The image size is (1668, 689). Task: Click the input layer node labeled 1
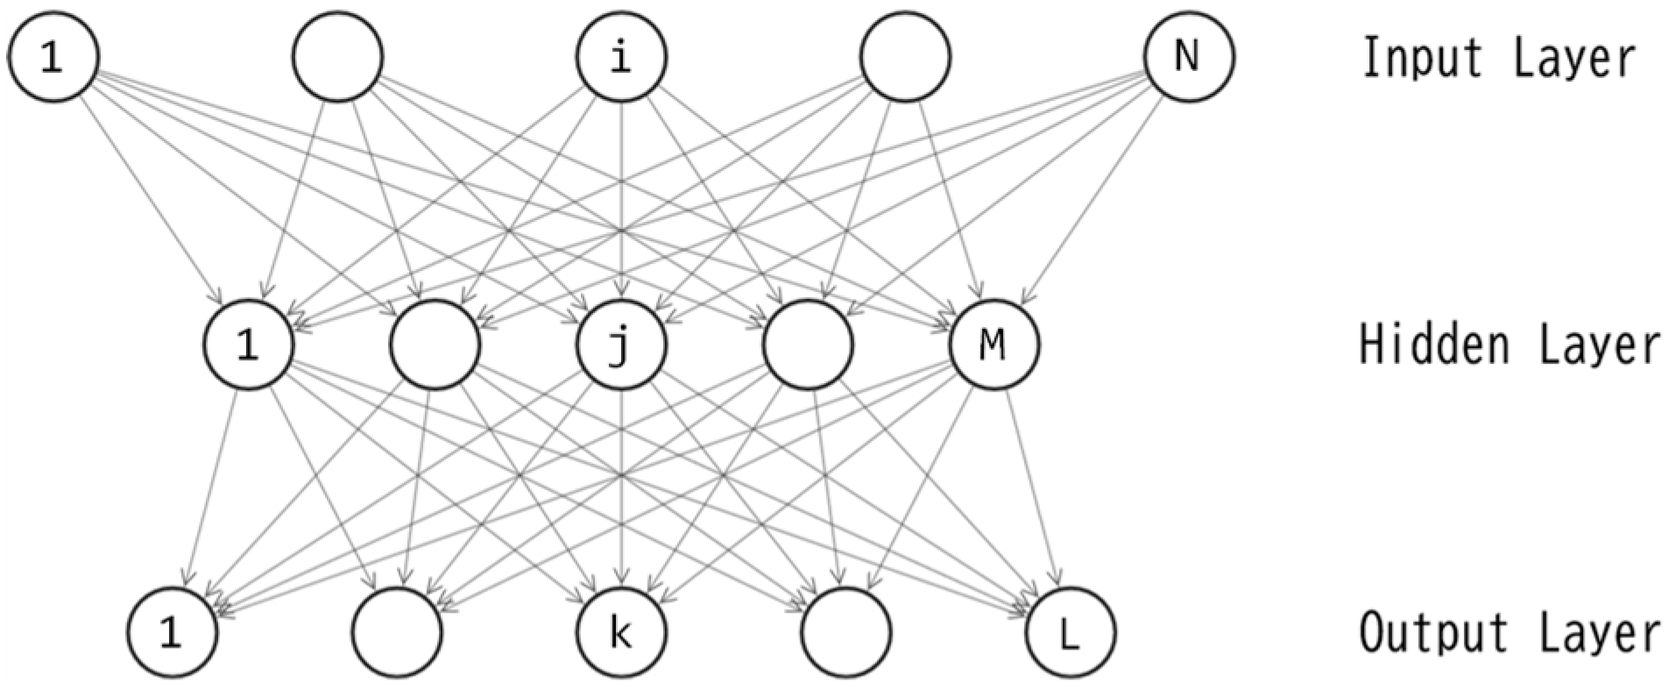(53, 57)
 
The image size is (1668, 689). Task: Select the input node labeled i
(621, 57)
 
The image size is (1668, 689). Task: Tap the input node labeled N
(1188, 57)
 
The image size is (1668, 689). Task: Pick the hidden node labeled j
(621, 344)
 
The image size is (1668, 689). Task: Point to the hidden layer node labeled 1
(249, 344)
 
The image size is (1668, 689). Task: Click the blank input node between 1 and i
(338, 57)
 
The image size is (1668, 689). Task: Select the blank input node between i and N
(905, 57)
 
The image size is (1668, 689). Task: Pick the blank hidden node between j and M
(808, 344)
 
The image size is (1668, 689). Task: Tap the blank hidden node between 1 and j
(435, 344)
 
